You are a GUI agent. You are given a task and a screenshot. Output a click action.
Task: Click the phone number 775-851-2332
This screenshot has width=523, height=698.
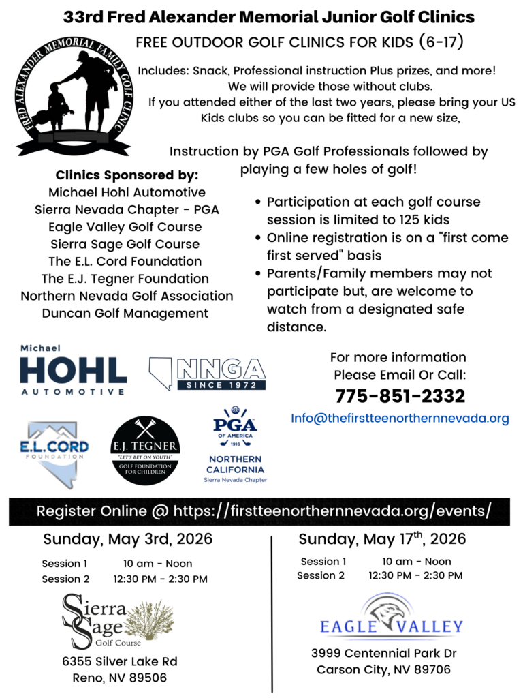coord(400,396)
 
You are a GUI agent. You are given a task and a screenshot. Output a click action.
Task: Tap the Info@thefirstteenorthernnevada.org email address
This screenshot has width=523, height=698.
coord(400,419)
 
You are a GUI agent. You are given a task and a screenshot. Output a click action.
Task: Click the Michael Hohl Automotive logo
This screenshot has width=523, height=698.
coord(73,370)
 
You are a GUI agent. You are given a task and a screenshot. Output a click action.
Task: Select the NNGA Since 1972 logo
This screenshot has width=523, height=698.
coord(207,374)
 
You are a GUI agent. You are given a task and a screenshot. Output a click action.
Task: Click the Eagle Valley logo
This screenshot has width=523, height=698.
coord(392,617)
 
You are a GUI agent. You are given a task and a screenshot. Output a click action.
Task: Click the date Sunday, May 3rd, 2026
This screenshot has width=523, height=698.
coord(128,539)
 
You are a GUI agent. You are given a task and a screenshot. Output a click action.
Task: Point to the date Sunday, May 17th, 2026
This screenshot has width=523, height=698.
coord(382,539)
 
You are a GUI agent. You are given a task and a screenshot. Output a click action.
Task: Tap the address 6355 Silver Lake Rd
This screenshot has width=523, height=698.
coord(120,661)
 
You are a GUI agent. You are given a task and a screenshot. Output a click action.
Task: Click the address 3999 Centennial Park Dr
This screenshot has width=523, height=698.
coord(383,652)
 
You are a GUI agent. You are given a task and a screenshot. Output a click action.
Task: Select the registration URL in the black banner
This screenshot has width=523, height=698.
coord(332,511)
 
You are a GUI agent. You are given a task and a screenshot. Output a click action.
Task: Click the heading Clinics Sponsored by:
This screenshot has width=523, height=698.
coord(127,175)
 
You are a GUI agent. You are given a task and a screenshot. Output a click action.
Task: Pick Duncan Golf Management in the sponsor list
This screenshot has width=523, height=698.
coord(125,314)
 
